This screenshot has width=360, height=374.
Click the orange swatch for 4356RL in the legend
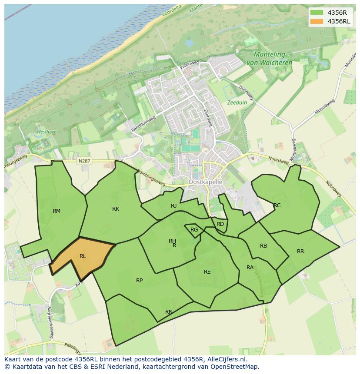[317, 21]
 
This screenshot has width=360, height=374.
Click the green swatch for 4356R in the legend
[317, 13]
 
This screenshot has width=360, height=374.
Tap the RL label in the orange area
[83, 256]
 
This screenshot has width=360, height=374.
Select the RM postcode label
[57, 211]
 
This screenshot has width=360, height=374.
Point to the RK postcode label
[116, 209]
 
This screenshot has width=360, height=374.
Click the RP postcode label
[139, 281]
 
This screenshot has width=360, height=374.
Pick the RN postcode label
[169, 312]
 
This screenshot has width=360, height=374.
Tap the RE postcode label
[207, 272]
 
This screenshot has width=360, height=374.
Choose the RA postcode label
[250, 268]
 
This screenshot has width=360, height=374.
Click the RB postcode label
[263, 246]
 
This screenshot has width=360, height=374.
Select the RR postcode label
[300, 252]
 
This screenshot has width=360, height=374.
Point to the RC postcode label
[277, 205]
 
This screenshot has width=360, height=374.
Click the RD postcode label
[220, 224]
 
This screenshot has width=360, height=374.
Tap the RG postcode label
[194, 230]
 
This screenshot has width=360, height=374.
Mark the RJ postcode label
[174, 206]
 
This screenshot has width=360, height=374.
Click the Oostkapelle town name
[205, 182]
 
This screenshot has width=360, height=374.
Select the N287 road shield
[84, 161]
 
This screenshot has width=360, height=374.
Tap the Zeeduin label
[237, 103]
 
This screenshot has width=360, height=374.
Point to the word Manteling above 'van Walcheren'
[270, 55]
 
